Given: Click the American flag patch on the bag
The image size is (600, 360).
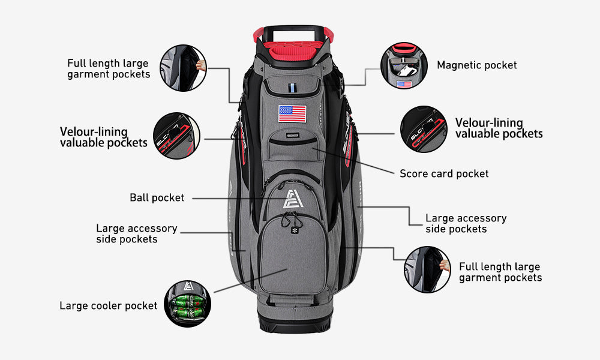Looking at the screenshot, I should pos(292,113).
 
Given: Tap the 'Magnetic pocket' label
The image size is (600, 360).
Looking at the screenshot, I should pos(476,65).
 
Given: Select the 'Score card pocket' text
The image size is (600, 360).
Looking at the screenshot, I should pos(444,173).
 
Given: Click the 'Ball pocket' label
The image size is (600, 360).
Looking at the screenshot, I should pos(157,197).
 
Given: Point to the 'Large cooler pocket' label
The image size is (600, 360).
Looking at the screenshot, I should pos(108,305).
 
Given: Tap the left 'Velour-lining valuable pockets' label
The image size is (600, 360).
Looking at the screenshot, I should pos(103,137).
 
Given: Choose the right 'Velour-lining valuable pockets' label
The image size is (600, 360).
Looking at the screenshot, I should pos(499,128).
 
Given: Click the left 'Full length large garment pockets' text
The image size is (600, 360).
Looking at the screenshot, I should pos(109,68).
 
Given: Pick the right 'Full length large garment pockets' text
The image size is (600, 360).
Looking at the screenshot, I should pos(500,272).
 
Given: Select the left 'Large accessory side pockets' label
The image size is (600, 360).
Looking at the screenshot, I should pos(136,233).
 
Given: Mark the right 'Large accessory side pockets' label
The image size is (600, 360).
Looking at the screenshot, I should pos(466,223).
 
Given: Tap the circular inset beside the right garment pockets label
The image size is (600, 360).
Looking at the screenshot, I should pos(427,269).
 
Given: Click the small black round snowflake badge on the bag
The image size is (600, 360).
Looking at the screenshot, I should pos(295,230).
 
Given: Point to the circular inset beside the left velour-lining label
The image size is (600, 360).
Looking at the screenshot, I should pos(176,136).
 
